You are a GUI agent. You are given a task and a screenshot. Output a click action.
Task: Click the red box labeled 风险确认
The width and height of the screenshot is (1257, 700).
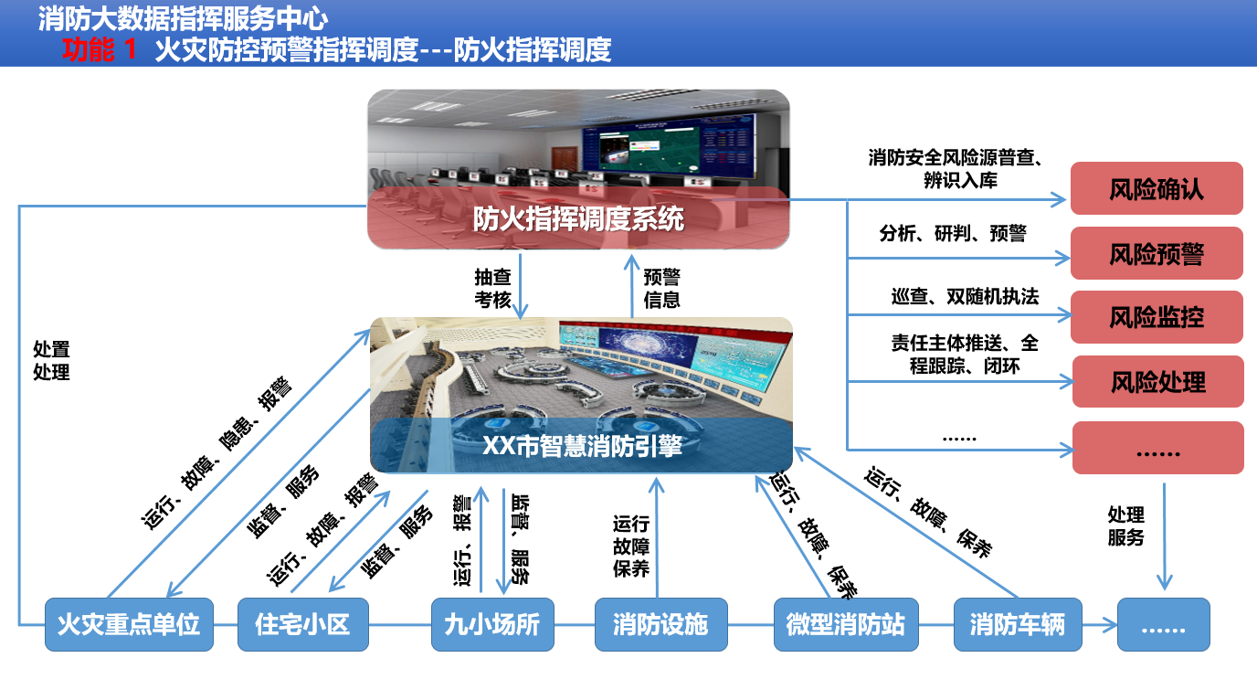tap(1157, 188)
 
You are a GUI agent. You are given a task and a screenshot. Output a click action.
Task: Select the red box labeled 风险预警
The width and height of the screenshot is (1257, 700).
tap(1157, 253)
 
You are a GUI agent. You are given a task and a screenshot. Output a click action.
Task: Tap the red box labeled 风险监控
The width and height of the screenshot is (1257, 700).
tap(1157, 316)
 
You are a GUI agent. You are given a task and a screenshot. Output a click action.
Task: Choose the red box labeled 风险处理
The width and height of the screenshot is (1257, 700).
tap(1157, 381)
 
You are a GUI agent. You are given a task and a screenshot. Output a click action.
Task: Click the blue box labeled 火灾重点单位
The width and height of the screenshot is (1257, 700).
tap(129, 624)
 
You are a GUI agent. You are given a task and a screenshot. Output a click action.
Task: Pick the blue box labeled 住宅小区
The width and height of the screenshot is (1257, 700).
tap(303, 624)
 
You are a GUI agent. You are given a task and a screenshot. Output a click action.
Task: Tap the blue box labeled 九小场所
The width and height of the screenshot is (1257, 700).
tap(492, 624)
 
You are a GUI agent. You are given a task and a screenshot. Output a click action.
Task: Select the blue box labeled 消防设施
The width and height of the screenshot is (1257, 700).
tap(660, 624)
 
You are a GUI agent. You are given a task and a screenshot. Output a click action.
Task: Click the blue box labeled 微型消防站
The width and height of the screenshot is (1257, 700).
tap(846, 624)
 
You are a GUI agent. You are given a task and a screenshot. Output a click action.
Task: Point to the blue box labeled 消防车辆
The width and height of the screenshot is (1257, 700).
tap(1018, 624)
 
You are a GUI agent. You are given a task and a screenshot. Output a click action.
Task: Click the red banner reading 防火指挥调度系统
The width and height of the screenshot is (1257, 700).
tap(578, 218)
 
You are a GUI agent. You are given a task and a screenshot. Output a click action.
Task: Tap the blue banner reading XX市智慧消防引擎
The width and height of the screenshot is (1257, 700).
tap(581, 445)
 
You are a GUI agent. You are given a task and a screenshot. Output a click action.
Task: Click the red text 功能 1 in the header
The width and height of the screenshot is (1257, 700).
tap(100, 49)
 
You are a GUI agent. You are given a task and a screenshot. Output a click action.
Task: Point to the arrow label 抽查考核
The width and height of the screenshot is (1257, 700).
tap(492, 288)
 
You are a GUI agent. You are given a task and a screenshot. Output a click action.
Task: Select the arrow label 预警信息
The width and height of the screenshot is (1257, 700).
tap(661, 288)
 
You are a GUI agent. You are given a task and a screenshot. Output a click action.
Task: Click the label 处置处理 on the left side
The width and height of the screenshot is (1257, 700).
tap(51, 360)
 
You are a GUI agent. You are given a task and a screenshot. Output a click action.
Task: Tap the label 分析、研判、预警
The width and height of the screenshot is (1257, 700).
tap(952, 232)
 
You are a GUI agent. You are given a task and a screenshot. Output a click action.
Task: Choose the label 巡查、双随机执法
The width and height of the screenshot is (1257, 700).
tap(965, 296)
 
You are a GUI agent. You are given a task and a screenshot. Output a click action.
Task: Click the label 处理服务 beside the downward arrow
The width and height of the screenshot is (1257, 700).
tap(1125, 525)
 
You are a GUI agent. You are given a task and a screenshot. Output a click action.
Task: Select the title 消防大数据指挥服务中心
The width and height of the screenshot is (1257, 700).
tap(183, 18)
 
